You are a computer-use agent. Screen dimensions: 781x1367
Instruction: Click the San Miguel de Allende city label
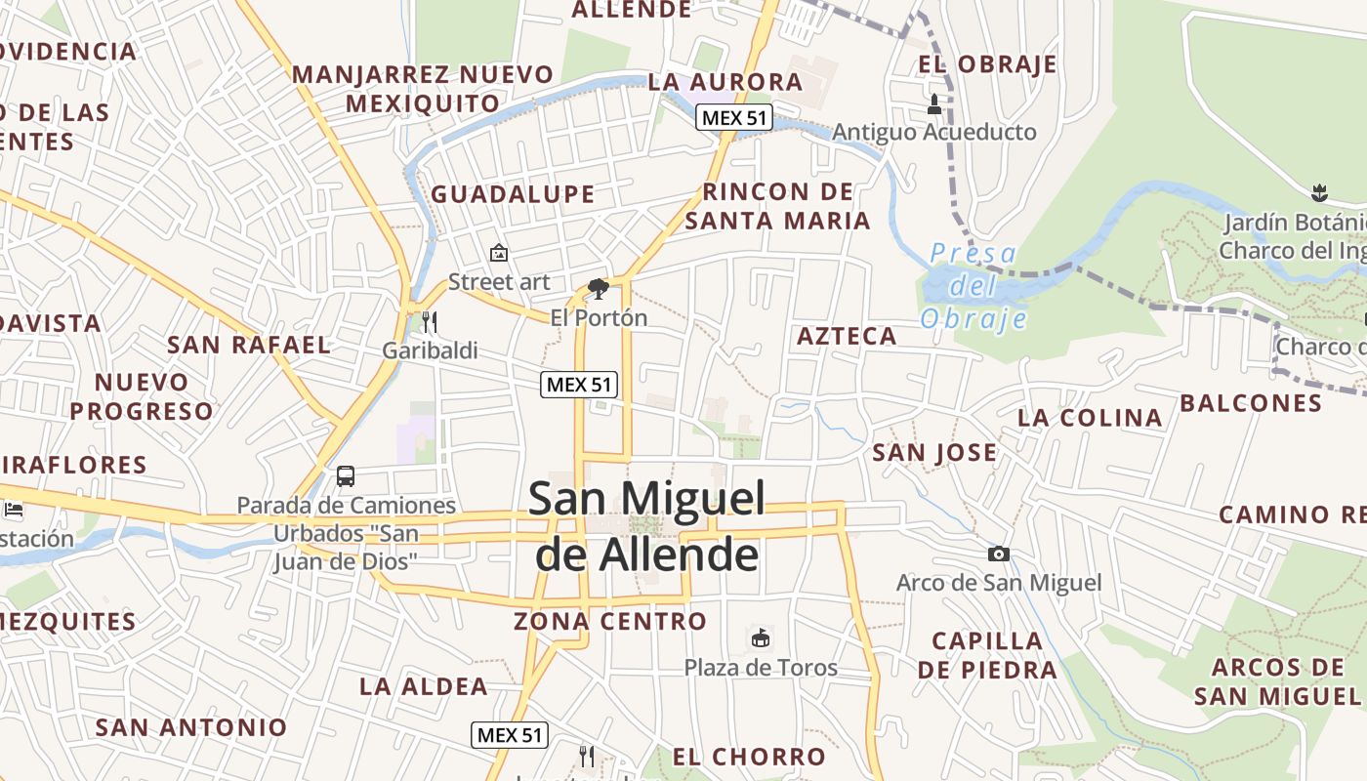646,526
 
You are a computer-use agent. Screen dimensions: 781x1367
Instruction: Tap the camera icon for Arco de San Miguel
998,555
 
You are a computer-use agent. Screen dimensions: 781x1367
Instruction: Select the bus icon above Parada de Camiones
346,476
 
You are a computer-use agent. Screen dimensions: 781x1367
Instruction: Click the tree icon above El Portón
599,289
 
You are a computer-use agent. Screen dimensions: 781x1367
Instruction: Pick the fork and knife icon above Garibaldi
429,321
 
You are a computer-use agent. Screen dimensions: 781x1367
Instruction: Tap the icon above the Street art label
499,254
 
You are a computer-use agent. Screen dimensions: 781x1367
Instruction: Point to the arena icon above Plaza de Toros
760,638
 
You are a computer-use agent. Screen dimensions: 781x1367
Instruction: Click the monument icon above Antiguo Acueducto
934,103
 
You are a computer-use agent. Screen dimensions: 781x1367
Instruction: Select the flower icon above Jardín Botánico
1320,191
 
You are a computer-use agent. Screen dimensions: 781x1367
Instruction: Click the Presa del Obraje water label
973,286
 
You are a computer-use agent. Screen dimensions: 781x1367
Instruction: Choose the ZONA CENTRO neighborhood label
610,621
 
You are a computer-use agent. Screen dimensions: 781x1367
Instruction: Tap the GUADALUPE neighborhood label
513,194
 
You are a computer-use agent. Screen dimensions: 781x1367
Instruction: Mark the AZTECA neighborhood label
847,337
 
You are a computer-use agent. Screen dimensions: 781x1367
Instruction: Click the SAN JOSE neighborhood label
934,453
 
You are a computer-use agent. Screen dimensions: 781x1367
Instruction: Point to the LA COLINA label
1090,418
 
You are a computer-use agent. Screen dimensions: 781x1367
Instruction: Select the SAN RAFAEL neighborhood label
249,345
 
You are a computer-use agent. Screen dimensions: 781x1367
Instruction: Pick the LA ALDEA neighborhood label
424,686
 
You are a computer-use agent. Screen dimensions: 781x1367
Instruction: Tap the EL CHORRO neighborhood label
749,757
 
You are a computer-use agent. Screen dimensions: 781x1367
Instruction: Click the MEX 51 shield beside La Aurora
734,118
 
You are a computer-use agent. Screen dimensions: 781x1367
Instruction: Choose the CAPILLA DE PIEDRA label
987,655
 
